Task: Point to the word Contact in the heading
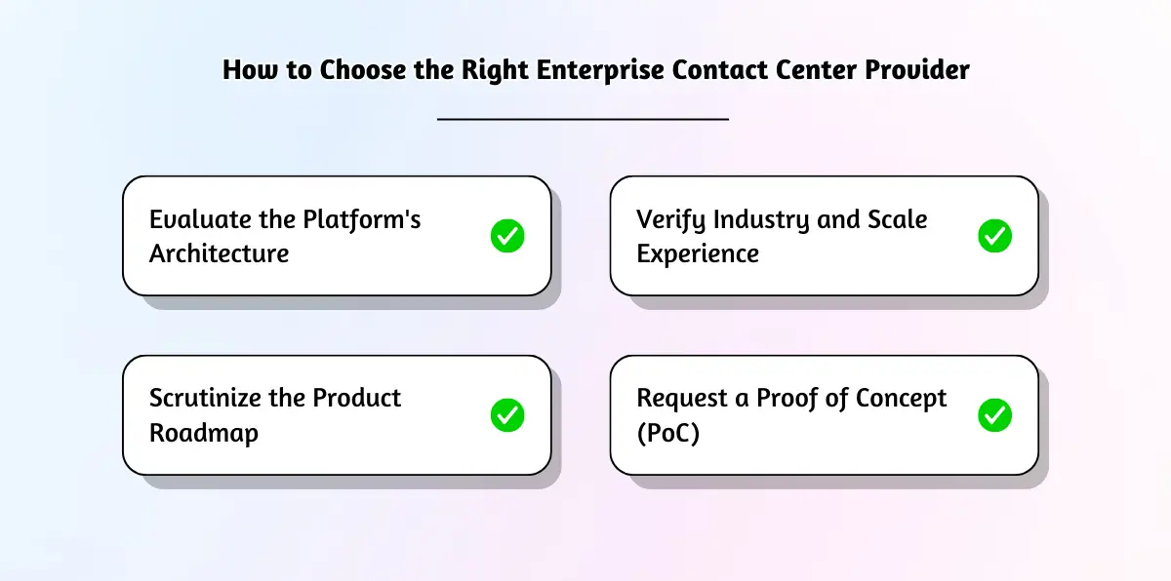click(x=691, y=70)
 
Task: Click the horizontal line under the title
click(x=583, y=119)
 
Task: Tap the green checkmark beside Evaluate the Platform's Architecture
click(x=507, y=236)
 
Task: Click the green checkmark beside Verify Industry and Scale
click(x=994, y=236)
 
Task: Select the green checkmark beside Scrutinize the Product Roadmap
click(x=507, y=415)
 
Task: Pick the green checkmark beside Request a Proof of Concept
click(x=994, y=415)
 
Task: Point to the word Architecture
click(x=219, y=253)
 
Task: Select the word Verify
click(x=669, y=220)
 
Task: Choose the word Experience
click(x=697, y=254)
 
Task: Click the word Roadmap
click(x=203, y=433)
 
